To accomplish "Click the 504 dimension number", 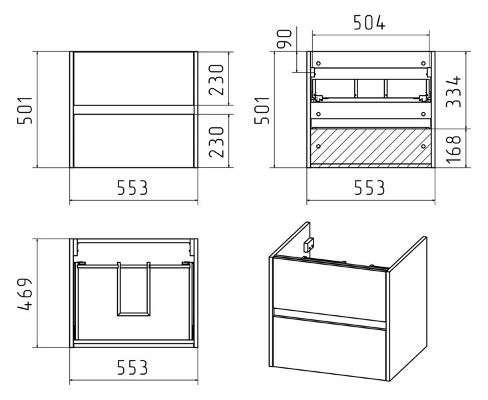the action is coord(369,23).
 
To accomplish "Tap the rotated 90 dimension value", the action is coord(284,38).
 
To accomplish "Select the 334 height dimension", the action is coord(453,91).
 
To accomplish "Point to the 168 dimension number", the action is coord(453,149).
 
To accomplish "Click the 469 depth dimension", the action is coord(25,294).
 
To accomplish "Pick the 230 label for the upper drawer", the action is coord(216,80).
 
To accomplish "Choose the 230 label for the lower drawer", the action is coord(216,142).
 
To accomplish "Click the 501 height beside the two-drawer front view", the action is coord(25,111).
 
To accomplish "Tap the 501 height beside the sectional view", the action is coord(262,111).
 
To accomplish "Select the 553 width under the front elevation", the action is coord(132,188).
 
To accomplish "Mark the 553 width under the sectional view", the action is coord(369,188).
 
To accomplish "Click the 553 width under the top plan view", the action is coord(132,367).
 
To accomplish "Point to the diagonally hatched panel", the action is coord(370,146).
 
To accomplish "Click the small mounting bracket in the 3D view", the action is coord(309,244).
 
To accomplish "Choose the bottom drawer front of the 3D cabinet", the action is coord(330,347).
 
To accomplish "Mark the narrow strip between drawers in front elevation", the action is coord(134,110).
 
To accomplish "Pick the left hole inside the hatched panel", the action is coord(318,146).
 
